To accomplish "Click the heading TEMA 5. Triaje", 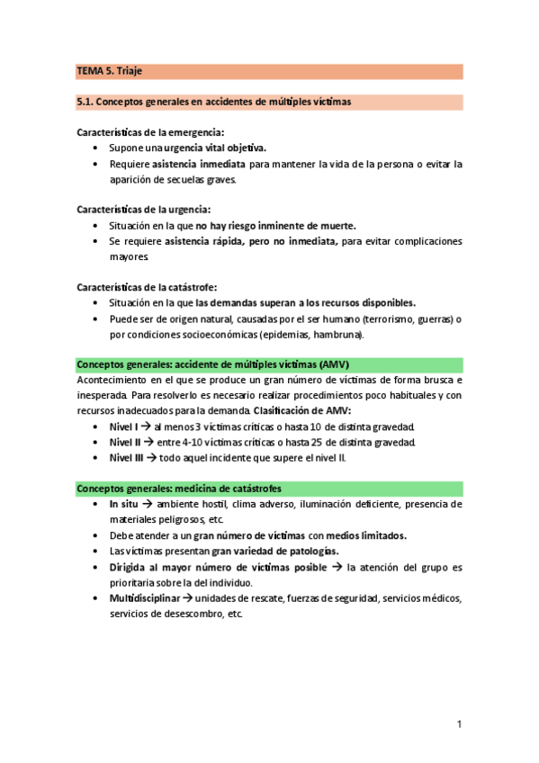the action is [104, 70].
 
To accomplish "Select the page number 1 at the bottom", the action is [459, 723].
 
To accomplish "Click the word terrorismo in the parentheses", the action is [385, 319].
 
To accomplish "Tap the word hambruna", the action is [336, 335].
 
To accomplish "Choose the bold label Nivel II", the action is [127, 442].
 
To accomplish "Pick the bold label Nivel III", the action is [129, 457].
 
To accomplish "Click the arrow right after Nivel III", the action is [154, 457].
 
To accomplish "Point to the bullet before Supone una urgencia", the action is [96, 148].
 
